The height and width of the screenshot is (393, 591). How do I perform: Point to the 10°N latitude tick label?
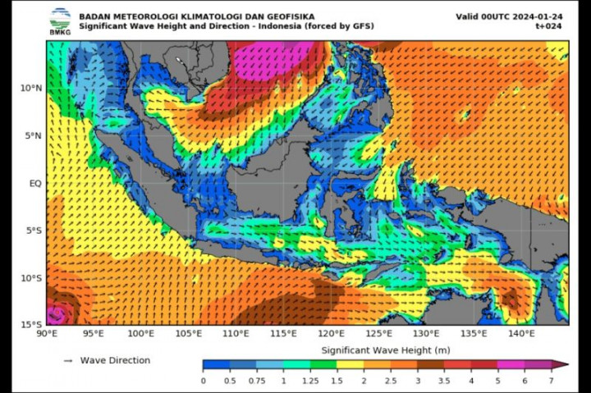[x=30, y=88]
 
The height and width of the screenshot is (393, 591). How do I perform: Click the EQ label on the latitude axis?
[x=34, y=183]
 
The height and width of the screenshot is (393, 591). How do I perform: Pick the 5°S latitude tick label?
[x=32, y=231]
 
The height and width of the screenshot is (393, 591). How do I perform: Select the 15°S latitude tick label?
[x=30, y=325]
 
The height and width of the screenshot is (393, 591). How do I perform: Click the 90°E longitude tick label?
[x=47, y=334]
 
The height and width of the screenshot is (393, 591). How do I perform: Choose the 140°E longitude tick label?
[x=521, y=334]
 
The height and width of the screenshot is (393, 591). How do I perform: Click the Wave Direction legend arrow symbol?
[x=68, y=361]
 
